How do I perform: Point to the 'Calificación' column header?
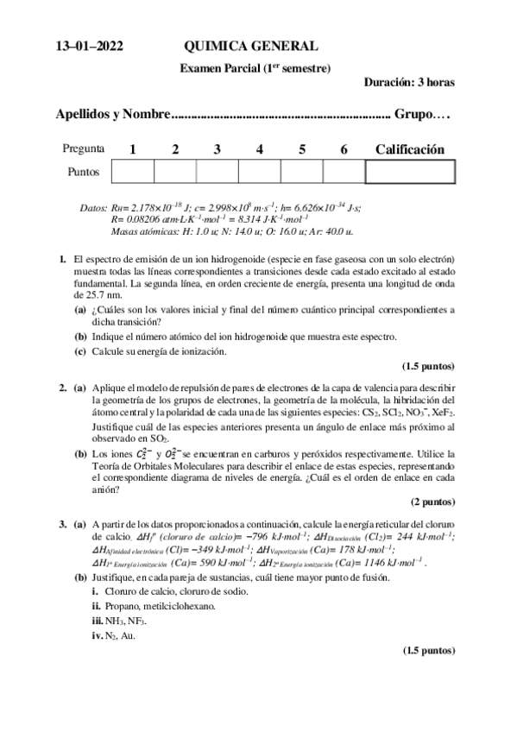point(409,149)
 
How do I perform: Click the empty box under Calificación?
point(409,172)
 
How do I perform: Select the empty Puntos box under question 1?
point(132,172)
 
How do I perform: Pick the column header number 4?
point(259,149)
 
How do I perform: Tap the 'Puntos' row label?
point(84,172)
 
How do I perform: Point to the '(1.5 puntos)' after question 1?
point(428,365)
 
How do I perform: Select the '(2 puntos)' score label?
point(432,502)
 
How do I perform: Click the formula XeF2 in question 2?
point(443,413)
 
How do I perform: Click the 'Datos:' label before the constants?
point(92,208)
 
